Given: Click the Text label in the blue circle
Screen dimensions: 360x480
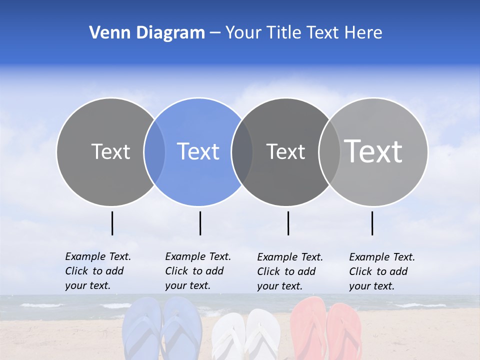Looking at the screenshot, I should click(x=198, y=151).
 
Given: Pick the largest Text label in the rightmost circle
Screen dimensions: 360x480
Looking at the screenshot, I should click(x=373, y=151).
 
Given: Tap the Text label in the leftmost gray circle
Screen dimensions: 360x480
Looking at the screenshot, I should click(x=110, y=151).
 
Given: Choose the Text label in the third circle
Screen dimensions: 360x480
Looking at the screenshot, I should click(x=285, y=151).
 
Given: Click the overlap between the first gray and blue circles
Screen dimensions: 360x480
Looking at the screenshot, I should click(x=154, y=151).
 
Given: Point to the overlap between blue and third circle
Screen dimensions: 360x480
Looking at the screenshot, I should click(x=242, y=151).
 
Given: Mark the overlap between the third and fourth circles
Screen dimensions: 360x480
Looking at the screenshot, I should click(x=329, y=151).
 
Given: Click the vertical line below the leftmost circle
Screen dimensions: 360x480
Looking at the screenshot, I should click(x=112, y=223).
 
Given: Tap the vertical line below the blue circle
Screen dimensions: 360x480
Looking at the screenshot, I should click(x=200, y=223).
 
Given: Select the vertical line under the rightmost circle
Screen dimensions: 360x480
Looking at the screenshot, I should click(x=372, y=223).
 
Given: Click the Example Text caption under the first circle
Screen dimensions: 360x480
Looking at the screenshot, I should click(x=97, y=271).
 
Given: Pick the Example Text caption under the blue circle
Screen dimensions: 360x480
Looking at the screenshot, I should click(x=197, y=271).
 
